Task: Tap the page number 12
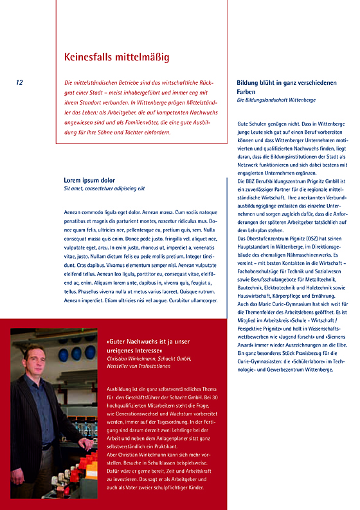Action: (19, 82)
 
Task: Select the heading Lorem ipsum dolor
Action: (89, 180)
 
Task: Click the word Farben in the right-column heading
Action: (248, 92)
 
